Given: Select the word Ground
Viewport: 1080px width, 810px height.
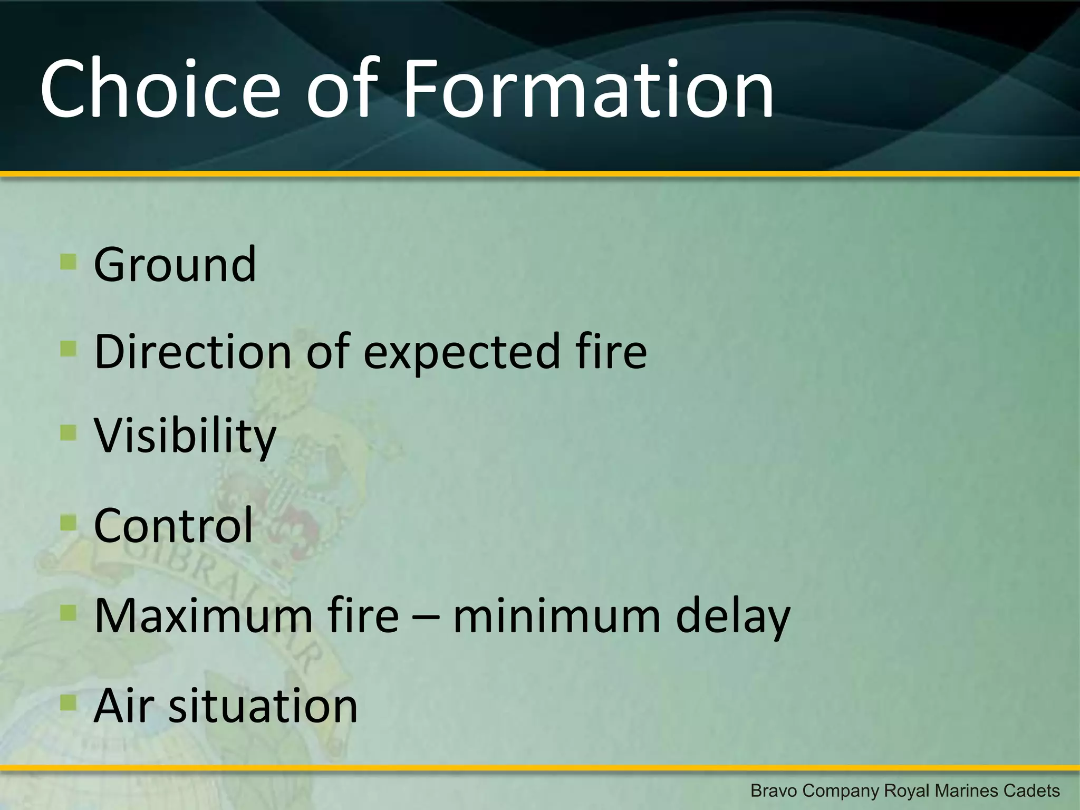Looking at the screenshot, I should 175,264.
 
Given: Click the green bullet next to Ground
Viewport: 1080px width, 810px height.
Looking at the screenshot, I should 69,262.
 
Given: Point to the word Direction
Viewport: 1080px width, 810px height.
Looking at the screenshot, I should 192,351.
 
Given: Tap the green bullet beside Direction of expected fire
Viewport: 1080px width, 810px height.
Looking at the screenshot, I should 69,348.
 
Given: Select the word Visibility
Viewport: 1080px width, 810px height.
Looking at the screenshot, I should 185,437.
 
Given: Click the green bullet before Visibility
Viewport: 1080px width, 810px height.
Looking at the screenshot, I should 69,433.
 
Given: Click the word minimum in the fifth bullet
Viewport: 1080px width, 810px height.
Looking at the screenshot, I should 556,615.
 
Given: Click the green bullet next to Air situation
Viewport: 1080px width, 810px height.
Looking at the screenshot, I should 69,702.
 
